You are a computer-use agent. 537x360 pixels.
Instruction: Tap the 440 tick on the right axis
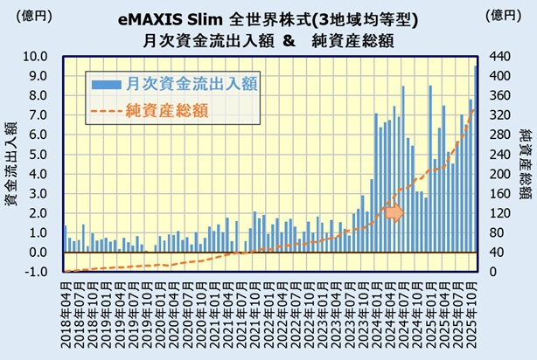pyautogui.click(x=500, y=56)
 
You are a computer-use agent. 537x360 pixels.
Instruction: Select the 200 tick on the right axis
pyautogui.click(x=500, y=174)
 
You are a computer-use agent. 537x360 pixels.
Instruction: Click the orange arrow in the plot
pyautogui.click(x=394, y=212)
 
